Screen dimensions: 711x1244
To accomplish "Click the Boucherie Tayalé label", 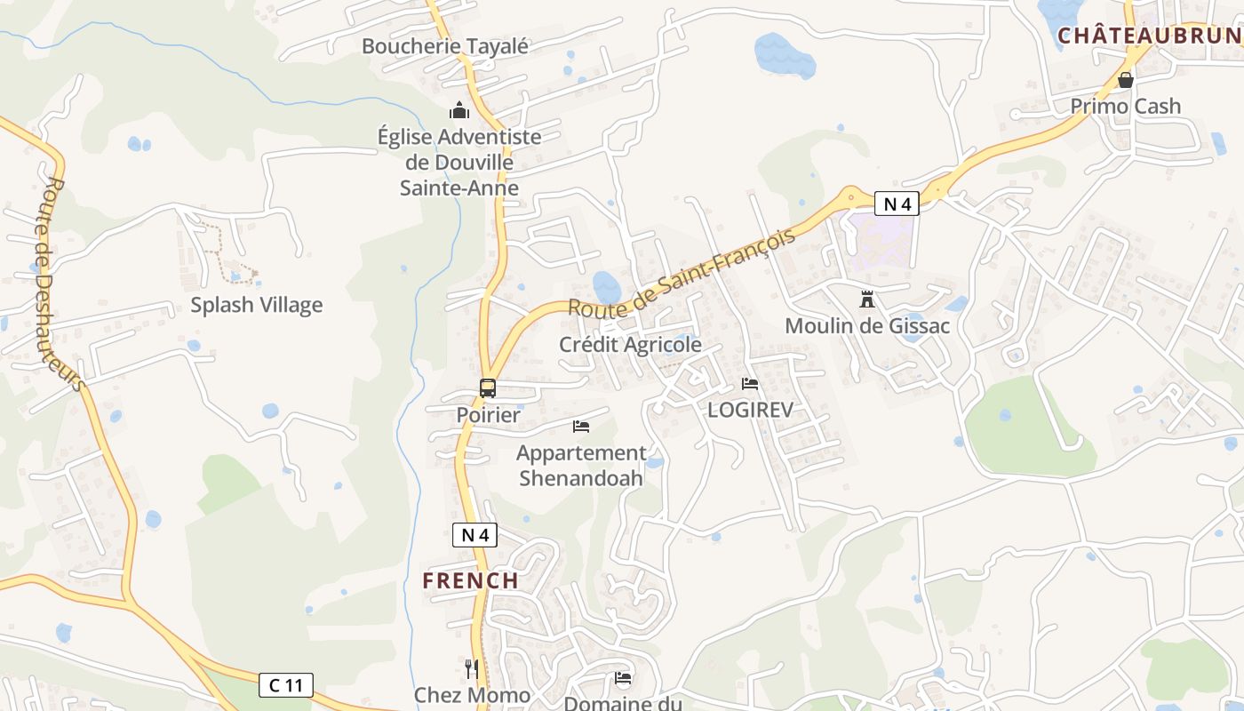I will point(444,46).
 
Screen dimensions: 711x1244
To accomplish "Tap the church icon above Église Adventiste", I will point(459,110).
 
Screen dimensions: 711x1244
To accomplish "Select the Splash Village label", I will point(256,305).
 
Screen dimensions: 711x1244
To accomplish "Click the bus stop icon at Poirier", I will point(487,388).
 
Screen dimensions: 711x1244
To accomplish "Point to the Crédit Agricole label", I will point(630,344).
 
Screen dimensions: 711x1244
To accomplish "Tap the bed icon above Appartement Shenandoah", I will point(581,427).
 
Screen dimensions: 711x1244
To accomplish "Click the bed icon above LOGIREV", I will point(750,384).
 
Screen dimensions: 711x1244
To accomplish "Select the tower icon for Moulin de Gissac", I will point(866,299).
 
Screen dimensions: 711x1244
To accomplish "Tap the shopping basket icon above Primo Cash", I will point(1126,80).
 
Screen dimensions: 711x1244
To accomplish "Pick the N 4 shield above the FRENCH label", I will point(474,535).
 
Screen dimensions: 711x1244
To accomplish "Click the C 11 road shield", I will point(286,685).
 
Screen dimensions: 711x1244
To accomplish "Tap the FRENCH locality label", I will point(470,580).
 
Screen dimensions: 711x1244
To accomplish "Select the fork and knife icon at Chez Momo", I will point(472,668).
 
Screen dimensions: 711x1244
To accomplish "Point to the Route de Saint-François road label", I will point(681,274).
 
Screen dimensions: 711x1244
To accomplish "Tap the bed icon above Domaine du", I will point(623,679).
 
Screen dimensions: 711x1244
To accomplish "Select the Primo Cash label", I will point(1125,106).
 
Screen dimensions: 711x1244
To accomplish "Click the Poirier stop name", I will point(488,414).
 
